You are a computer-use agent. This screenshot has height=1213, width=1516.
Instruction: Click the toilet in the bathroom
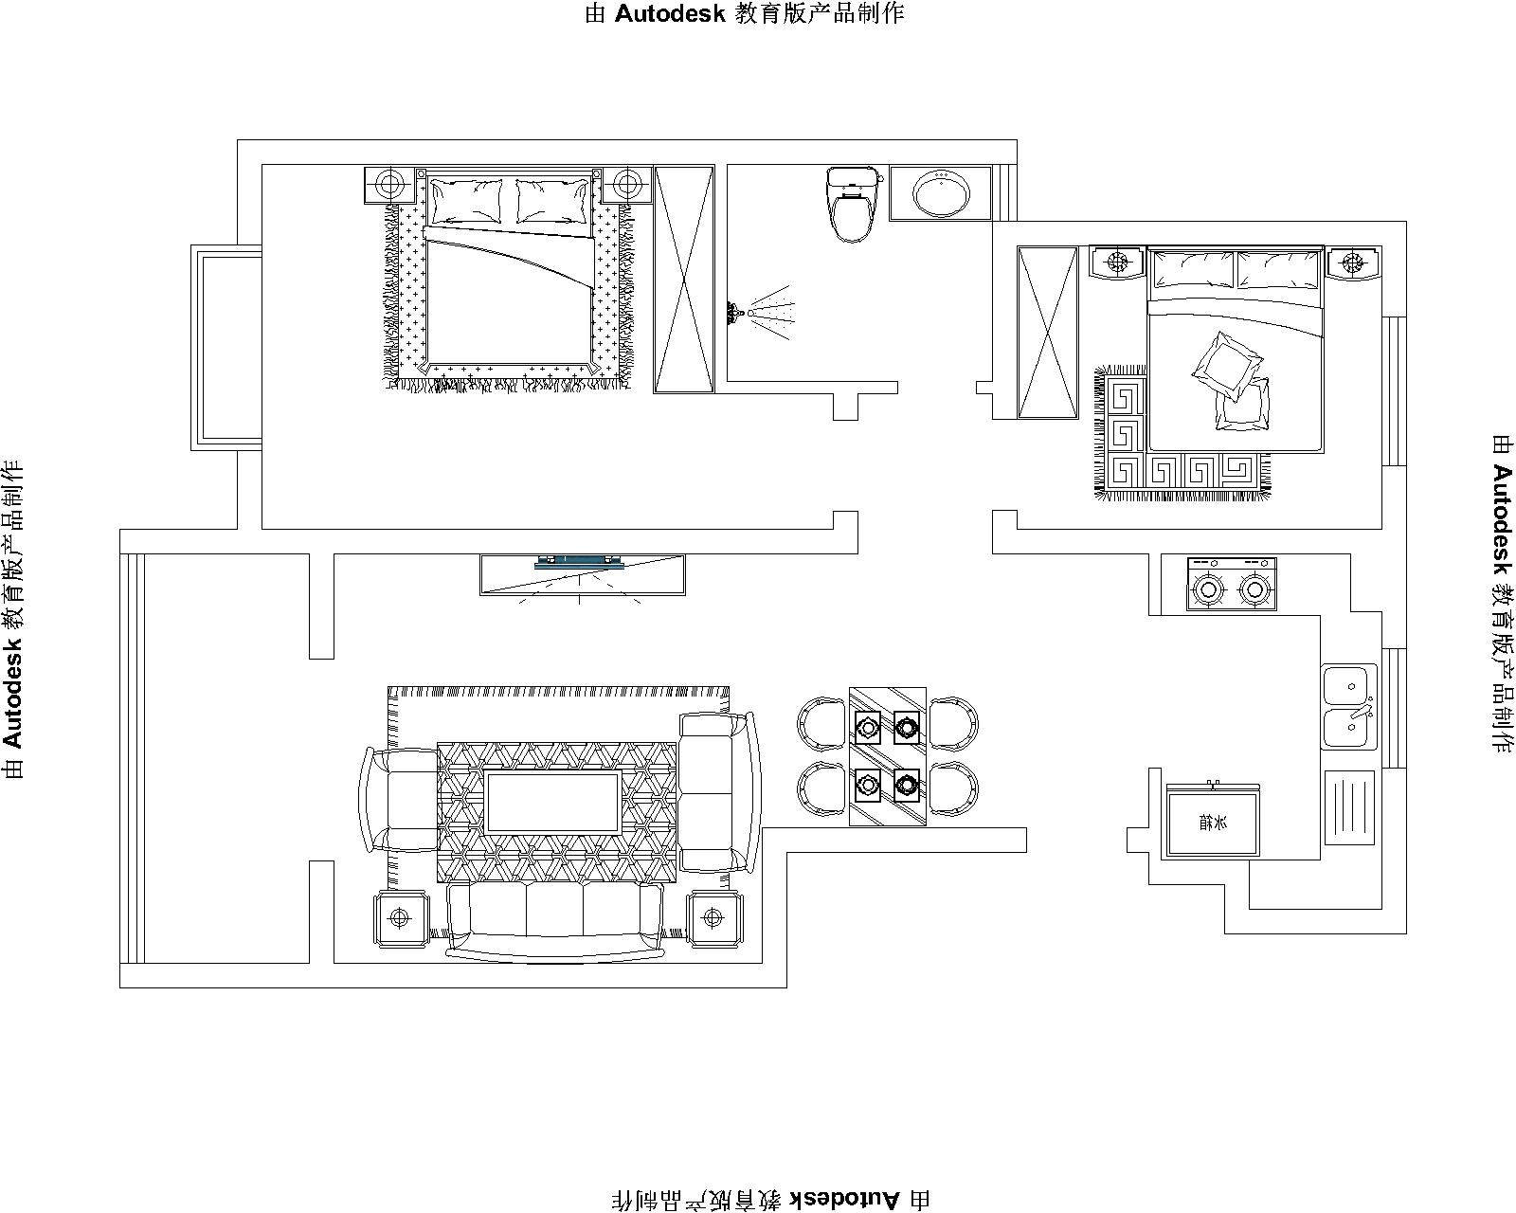pos(853,204)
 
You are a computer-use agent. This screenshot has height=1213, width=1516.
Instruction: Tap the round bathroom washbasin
pos(941,192)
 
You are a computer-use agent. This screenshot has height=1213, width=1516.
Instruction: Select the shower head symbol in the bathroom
pos(761,312)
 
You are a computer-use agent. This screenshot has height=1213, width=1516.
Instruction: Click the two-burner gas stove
pos(1232,584)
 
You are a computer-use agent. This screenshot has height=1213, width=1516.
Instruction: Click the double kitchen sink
pos(1349,706)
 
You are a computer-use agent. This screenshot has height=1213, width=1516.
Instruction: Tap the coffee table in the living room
pos(553,802)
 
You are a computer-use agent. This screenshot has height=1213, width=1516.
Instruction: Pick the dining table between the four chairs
pos(888,756)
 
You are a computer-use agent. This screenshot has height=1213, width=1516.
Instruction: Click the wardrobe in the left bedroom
pos(684,280)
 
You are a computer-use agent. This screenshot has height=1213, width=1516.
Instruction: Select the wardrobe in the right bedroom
pos(1048,333)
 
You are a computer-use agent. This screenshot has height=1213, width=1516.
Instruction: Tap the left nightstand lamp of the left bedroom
pos(388,185)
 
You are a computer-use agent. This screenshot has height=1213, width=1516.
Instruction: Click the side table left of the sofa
pos(400,918)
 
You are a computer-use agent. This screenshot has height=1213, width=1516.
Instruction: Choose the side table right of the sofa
pos(713,918)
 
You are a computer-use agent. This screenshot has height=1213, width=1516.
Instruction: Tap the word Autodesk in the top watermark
pos(670,13)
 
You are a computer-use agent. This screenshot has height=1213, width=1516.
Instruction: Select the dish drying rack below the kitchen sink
pos(1349,807)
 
